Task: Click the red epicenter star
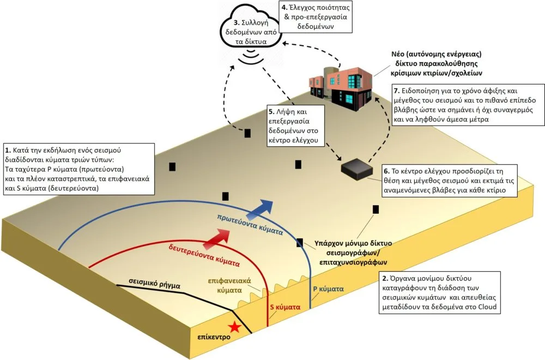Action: click(x=234, y=327)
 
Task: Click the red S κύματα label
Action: click(x=286, y=307)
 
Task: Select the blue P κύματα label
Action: click(x=327, y=287)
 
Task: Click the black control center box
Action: click(x=357, y=169)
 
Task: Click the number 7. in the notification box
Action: click(x=397, y=90)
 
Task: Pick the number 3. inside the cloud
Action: click(x=236, y=23)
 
